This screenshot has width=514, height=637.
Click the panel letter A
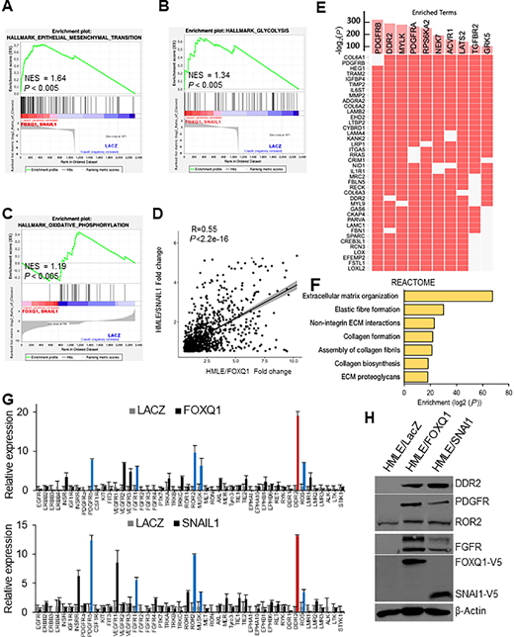pyautogui.click(x=8, y=9)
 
